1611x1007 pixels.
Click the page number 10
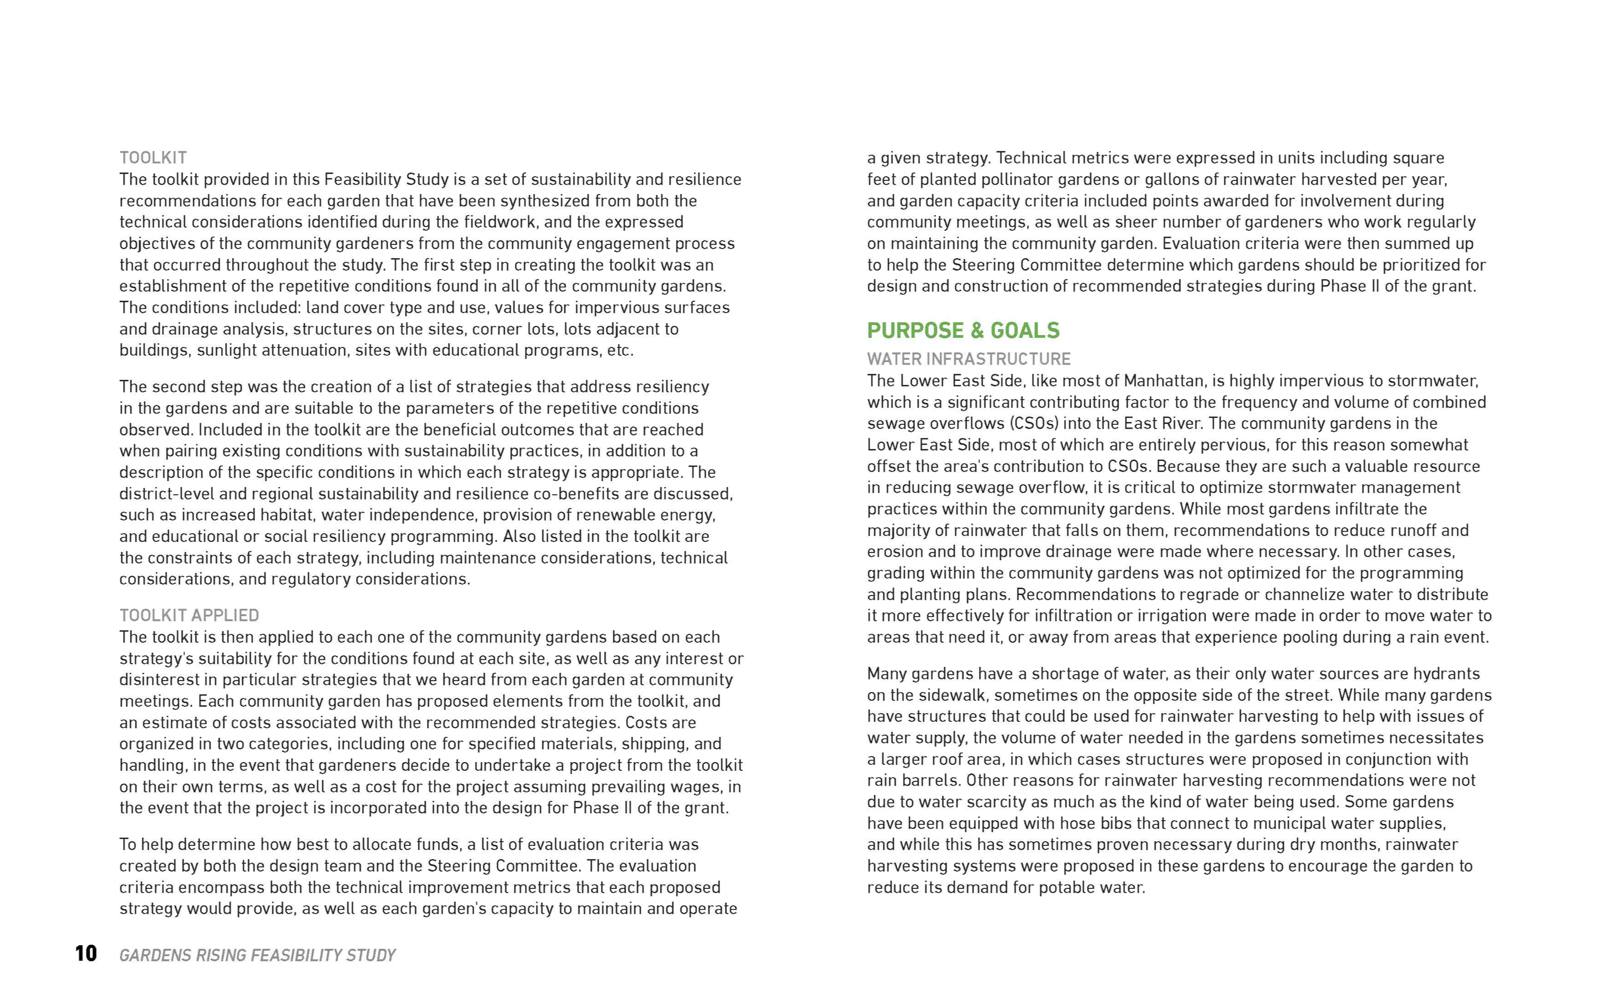pyautogui.click(x=86, y=954)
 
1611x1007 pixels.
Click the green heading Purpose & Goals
pyautogui.click(x=963, y=330)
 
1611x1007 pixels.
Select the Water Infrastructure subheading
pyautogui.click(x=969, y=359)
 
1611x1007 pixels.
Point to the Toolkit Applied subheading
pyautogui.click(x=189, y=615)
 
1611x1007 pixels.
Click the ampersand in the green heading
pyautogui.click(x=977, y=330)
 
